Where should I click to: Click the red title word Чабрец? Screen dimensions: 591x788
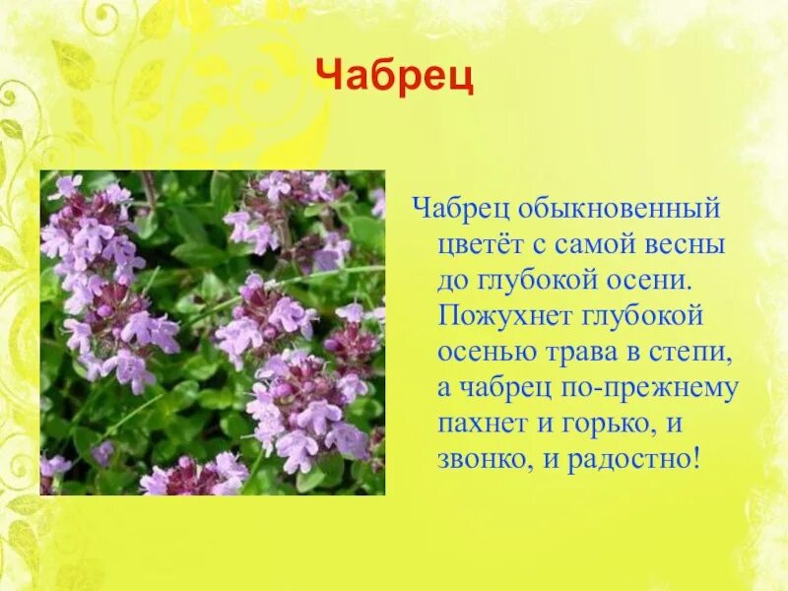coord(394,77)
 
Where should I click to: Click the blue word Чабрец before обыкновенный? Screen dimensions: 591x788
coord(458,209)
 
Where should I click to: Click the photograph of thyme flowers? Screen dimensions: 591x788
coord(212,333)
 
